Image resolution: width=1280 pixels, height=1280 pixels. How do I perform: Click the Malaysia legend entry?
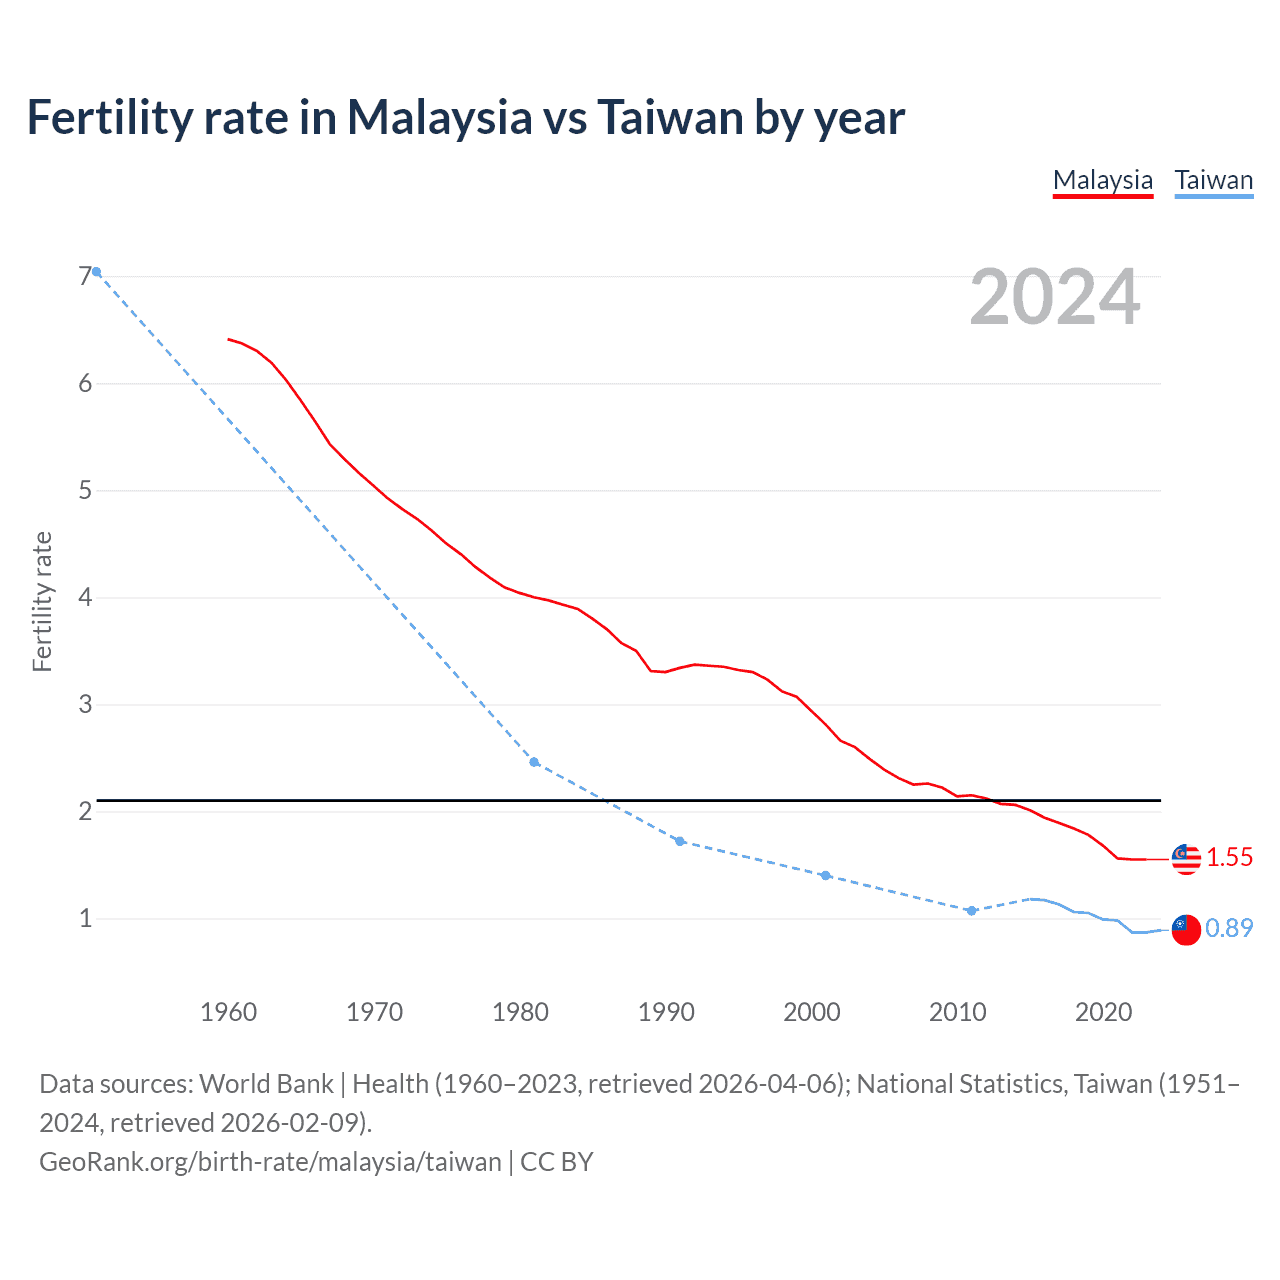click(x=1102, y=180)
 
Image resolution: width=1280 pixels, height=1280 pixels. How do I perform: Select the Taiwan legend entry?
click(x=1213, y=180)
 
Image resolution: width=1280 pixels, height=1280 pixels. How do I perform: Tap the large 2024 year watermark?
click(x=1054, y=297)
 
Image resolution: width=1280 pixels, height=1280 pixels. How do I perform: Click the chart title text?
click(x=465, y=117)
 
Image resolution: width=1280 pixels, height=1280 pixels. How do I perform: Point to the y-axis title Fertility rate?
click(x=42, y=601)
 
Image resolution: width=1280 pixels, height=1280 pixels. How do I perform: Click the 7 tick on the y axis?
click(x=85, y=276)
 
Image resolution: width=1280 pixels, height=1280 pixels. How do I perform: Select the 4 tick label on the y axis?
click(x=85, y=597)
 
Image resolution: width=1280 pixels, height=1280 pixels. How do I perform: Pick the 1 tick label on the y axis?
click(x=85, y=918)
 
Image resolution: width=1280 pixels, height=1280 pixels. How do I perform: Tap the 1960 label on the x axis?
click(x=228, y=1012)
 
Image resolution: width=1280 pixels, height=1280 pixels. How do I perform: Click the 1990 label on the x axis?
click(x=666, y=1012)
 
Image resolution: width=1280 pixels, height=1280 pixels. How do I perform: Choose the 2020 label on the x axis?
click(x=1103, y=1012)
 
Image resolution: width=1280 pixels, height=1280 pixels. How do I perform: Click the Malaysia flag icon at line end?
click(x=1186, y=858)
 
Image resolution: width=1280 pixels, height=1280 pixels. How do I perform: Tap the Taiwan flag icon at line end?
click(x=1186, y=929)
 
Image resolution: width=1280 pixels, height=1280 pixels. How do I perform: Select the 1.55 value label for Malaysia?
click(x=1229, y=858)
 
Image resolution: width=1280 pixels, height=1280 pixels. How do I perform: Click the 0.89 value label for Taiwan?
click(x=1229, y=929)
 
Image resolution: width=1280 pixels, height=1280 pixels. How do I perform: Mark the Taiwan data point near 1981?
click(x=534, y=762)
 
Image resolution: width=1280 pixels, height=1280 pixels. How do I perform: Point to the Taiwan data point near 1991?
click(x=680, y=841)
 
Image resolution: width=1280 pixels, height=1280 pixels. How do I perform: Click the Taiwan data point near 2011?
click(x=971, y=910)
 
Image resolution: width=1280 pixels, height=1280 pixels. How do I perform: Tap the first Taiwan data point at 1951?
click(x=96, y=271)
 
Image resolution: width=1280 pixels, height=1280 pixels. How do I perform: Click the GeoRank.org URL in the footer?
click(x=270, y=1162)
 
